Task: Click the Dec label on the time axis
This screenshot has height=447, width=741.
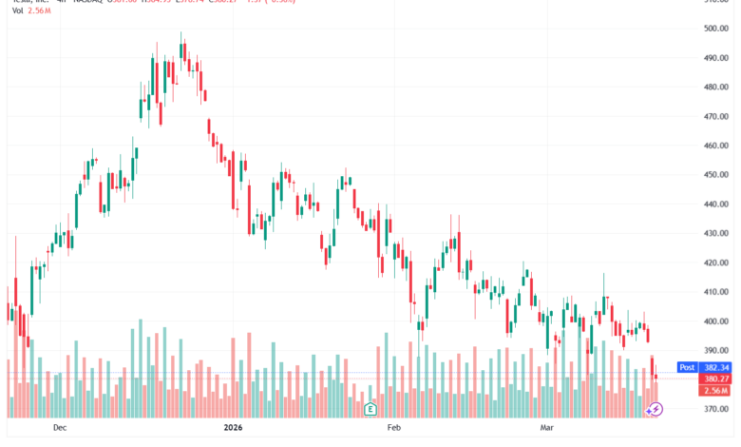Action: tap(61, 429)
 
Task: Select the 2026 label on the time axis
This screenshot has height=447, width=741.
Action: tap(234, 429)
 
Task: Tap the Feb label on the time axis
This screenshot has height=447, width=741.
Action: tap(393, 429)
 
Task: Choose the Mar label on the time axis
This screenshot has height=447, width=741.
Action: tap(546, 429)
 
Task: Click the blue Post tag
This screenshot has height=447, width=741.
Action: tap(686, 367)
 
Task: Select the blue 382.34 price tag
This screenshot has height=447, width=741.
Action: tap(715, 367)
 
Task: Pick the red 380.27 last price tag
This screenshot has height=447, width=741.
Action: tap(715, 379)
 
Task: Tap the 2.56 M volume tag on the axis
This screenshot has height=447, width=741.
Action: tap(715, 390)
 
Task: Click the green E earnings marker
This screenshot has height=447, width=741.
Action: tap(370, 410)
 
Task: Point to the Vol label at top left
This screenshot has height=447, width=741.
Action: tap(18, 10)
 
